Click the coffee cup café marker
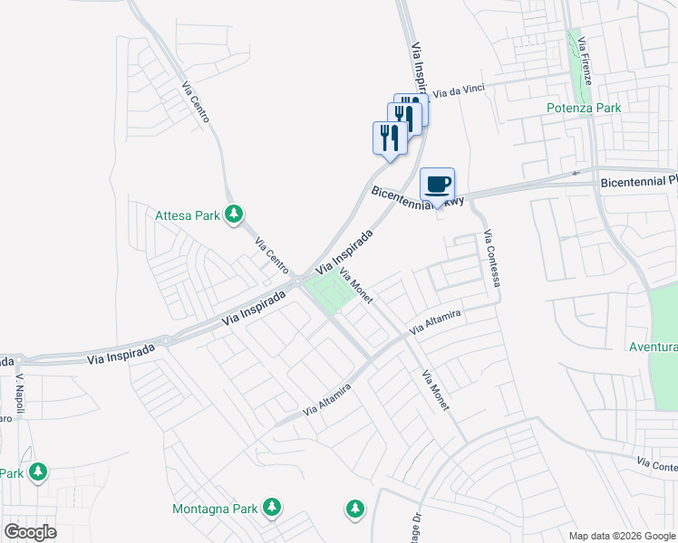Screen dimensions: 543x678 [437, 185]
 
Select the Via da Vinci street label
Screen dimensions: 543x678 [459, 90]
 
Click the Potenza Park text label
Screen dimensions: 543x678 [584, 108]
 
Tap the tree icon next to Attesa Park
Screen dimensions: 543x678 [234, 214]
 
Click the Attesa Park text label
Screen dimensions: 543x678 [188, 215]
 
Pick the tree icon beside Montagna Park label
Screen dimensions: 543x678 [271, 507]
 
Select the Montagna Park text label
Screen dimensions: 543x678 [216, 507]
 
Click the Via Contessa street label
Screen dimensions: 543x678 [492, 260]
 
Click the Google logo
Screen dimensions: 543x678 [30, 531]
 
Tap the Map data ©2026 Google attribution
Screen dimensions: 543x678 [622, 535]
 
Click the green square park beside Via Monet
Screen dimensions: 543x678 [329, 292]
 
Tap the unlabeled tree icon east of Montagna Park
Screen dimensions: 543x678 [354, 509]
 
